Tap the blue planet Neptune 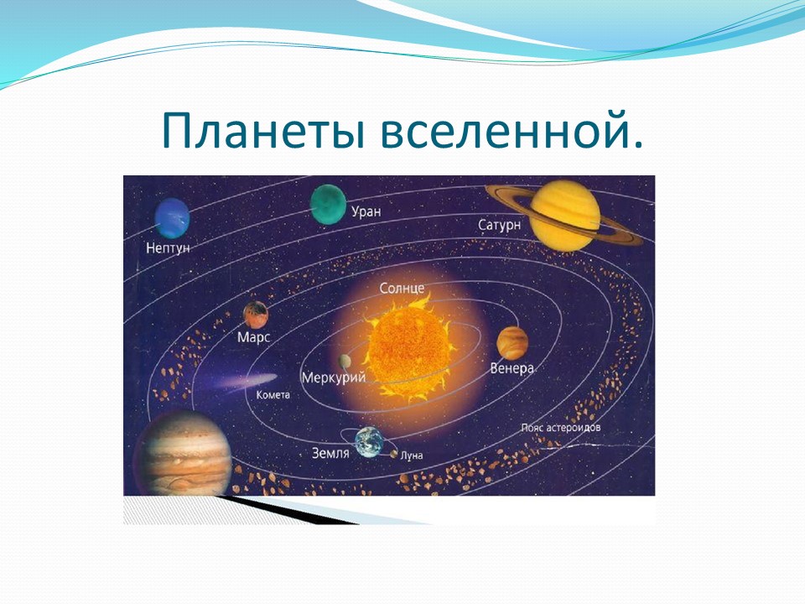[173, 218]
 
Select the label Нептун [168, 248]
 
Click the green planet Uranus [328, 205]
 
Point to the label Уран [366, 211]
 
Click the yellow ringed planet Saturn [564, 216]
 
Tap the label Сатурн [499, 225]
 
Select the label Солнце [402, 288]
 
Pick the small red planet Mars [256, 315]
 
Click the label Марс [253, 337]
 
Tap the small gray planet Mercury [345, 362]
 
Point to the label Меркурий [334, 378]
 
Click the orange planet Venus [512, 343]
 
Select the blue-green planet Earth [369, 442]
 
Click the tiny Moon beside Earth [394, 454]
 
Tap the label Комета [273, 395]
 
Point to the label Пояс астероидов [561, 427]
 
